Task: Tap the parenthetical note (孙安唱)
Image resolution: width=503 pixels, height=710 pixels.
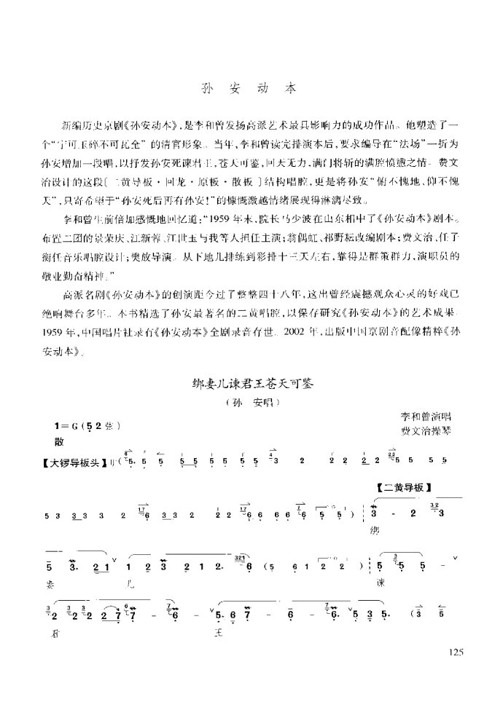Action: (250, 401)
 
